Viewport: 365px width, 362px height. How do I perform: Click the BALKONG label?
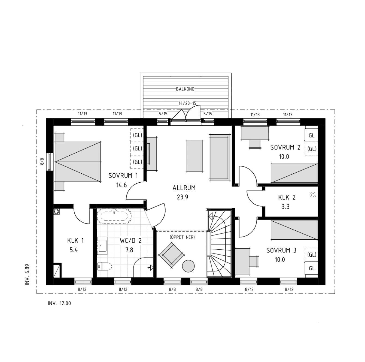(x=185, y=89)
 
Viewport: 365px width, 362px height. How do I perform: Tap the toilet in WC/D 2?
(x=104, y=266)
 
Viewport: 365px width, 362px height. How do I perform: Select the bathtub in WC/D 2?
(x=114, y=216)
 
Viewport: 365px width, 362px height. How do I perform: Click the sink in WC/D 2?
(x=102, y=246)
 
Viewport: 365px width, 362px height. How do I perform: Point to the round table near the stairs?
(x=188, y=266)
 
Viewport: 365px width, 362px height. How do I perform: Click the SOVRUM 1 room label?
(x=123, y=176)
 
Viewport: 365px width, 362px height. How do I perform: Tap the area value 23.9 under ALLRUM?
(x=182, y=197)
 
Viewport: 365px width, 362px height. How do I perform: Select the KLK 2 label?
(x=287, y=197)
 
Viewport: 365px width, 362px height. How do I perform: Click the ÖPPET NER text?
(x=182, y=237)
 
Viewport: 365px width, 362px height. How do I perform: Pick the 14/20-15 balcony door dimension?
(x=187, y=103)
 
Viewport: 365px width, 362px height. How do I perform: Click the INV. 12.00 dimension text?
(x=59, y=303)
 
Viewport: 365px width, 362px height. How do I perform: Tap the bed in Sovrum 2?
(x=294, y=173)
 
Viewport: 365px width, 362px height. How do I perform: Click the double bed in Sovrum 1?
(x=77, y=162)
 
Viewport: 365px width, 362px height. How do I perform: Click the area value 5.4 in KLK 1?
(x=74, y=250)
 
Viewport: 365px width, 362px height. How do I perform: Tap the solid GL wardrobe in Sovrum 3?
(x=311, y=268)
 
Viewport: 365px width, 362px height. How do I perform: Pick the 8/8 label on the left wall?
(x=42, y=161)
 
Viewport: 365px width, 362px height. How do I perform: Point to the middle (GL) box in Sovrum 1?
(x=137, y=148)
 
